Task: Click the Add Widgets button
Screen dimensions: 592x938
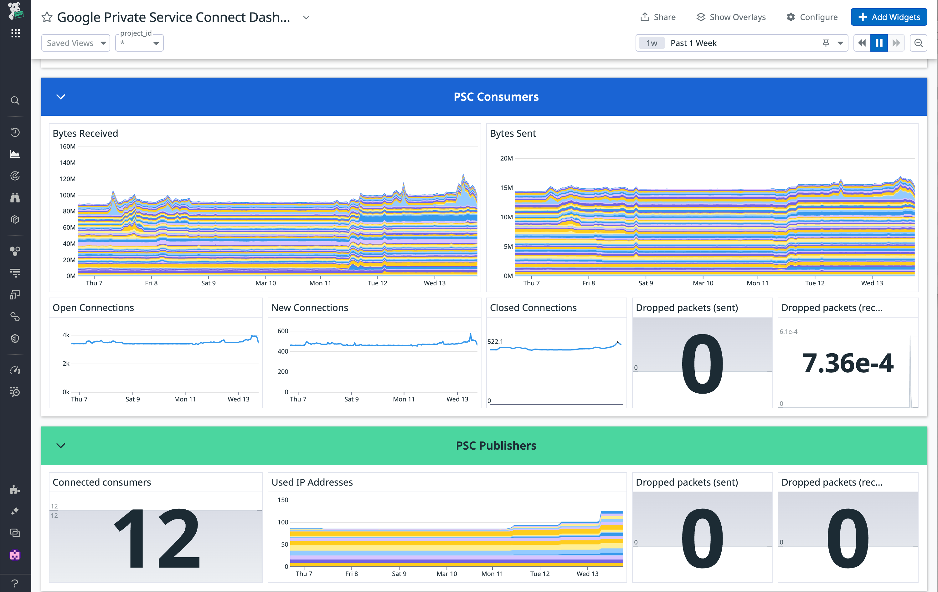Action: [889, 17]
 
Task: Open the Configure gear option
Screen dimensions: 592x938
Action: [812, 17]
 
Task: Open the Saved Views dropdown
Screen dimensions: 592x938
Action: [75, 43]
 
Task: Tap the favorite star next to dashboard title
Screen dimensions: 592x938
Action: [47, 17]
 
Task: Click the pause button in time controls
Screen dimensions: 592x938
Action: [879, 43]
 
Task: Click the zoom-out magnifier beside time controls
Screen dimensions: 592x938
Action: [918, 43]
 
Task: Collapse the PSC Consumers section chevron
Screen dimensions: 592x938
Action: [61, 96]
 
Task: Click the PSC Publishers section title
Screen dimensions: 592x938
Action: [496, 445]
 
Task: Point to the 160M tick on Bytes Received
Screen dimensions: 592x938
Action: [67, 146]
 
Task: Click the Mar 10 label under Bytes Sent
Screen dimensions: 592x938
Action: [703, 283]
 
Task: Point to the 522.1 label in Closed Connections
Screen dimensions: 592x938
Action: [495, 341]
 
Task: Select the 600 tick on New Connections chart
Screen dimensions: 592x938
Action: [283, 331]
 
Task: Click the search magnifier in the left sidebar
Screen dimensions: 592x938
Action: [15, 100]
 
